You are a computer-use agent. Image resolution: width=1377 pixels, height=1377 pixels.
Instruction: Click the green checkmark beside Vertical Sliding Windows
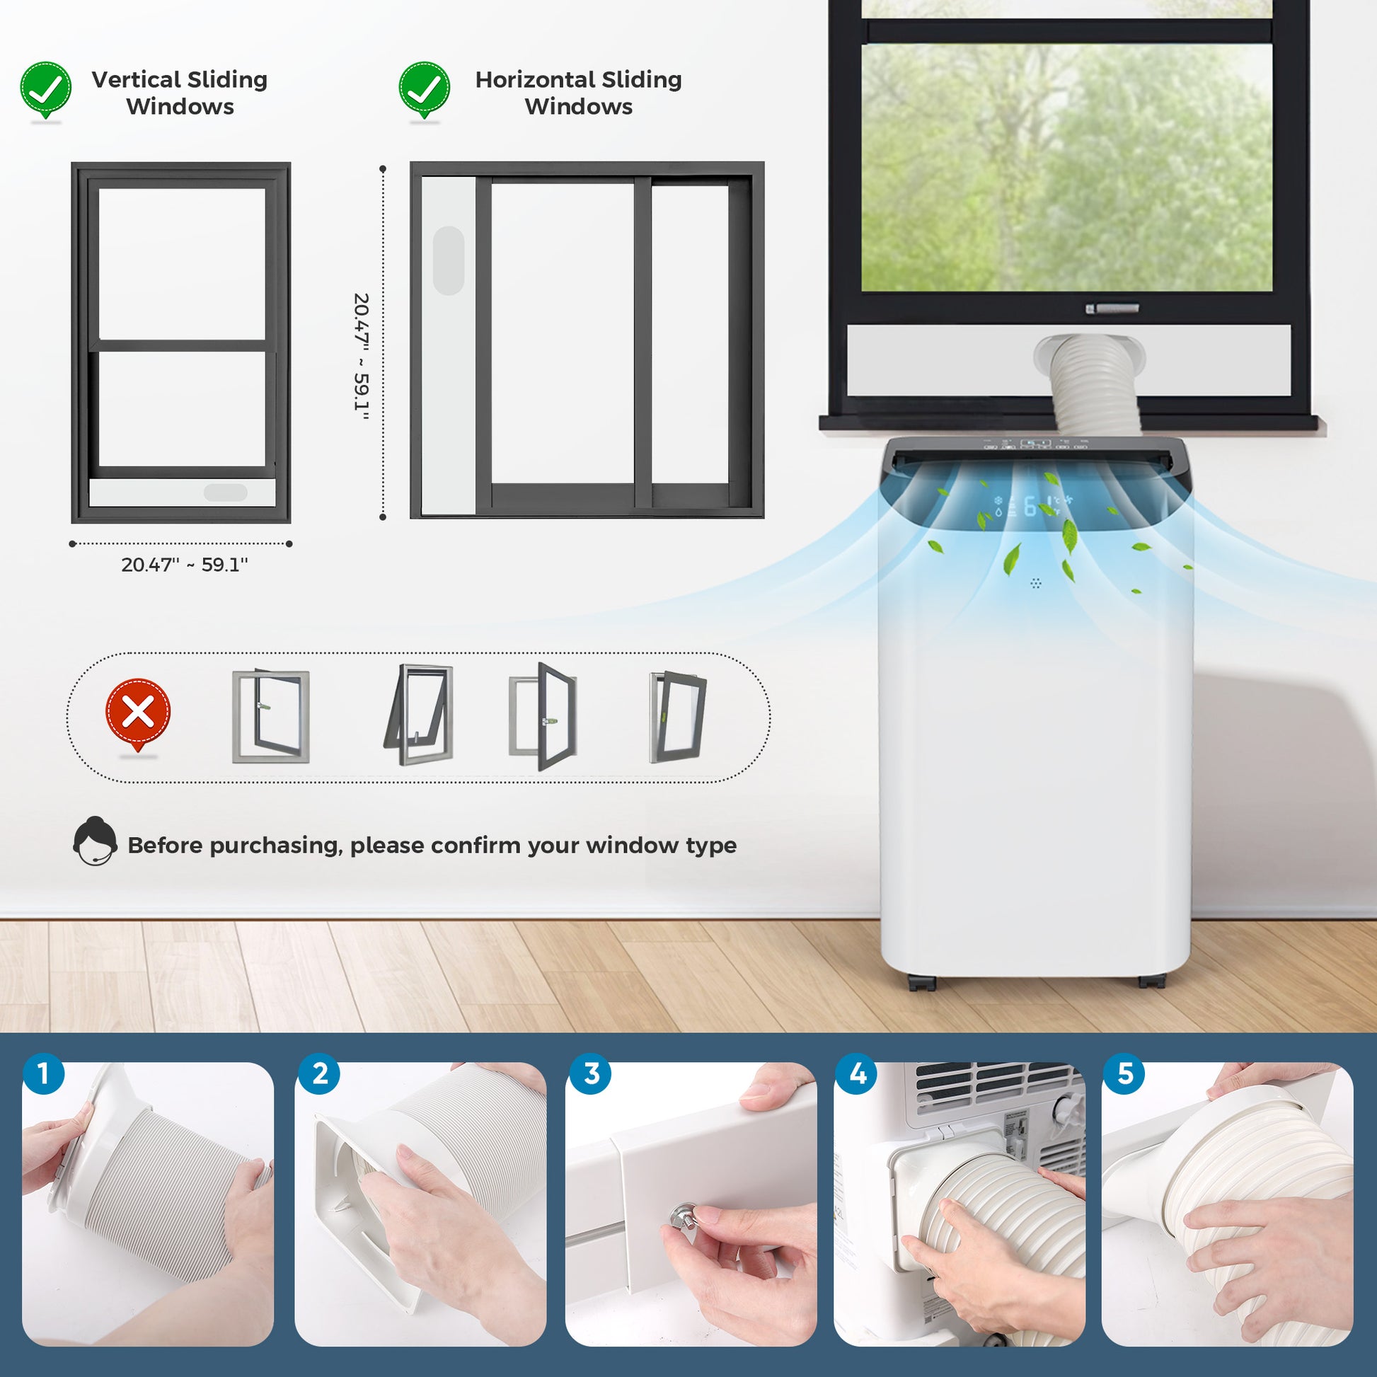[x=45, y=90]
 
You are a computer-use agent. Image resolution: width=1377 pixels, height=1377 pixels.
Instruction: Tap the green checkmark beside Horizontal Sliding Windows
[x=424, y=90]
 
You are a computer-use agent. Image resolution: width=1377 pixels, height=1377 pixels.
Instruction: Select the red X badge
[x=137, y=713]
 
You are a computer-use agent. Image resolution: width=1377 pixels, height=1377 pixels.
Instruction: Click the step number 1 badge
[x=43, y=1073]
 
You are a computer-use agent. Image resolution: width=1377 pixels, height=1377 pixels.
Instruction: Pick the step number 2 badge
[x=320, y=1073]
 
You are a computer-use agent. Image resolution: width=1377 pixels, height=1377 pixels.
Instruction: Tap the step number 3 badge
[x=591, y=1073]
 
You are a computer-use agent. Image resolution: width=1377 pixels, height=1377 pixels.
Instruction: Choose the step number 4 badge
[x=858, y=1073]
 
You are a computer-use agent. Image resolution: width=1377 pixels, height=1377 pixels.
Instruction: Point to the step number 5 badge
[x=1124, y=1073]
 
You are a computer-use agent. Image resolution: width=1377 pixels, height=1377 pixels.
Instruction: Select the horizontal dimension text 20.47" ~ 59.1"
[x=185, y=565]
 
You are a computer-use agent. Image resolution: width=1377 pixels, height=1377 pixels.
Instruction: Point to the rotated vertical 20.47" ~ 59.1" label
[x=362, y=357]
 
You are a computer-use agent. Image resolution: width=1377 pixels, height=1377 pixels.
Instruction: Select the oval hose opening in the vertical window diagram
[x=225, y=492]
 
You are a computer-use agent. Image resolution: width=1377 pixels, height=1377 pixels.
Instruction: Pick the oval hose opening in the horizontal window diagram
[x=449, y=260]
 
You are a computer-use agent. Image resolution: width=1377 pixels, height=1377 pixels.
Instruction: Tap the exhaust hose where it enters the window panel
[x=1090, y=357]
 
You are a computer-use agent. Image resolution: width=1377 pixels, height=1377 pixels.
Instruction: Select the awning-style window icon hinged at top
[x=418, y=715]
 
